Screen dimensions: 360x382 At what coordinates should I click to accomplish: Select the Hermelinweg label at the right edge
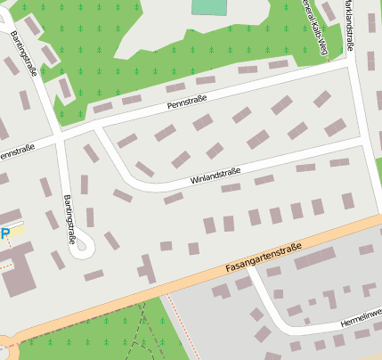pyautogui.click(x=361, y=315)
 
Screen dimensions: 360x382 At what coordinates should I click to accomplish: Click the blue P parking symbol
pyautogui.click(x=5, y=234)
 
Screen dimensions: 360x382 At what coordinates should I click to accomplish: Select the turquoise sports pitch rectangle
pyautogui.click(x=209, y=7)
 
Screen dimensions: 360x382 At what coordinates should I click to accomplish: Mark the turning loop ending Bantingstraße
pyautogui.click(x=82, y=242)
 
